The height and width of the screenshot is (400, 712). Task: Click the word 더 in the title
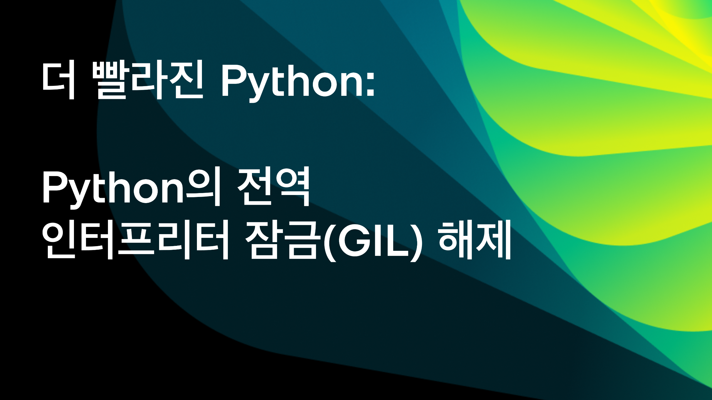pos(58,80)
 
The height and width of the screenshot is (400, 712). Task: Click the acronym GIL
pos(372,240)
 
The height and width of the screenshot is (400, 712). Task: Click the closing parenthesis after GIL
pos(414,242)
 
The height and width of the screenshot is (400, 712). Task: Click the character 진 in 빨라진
pos(187,80)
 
